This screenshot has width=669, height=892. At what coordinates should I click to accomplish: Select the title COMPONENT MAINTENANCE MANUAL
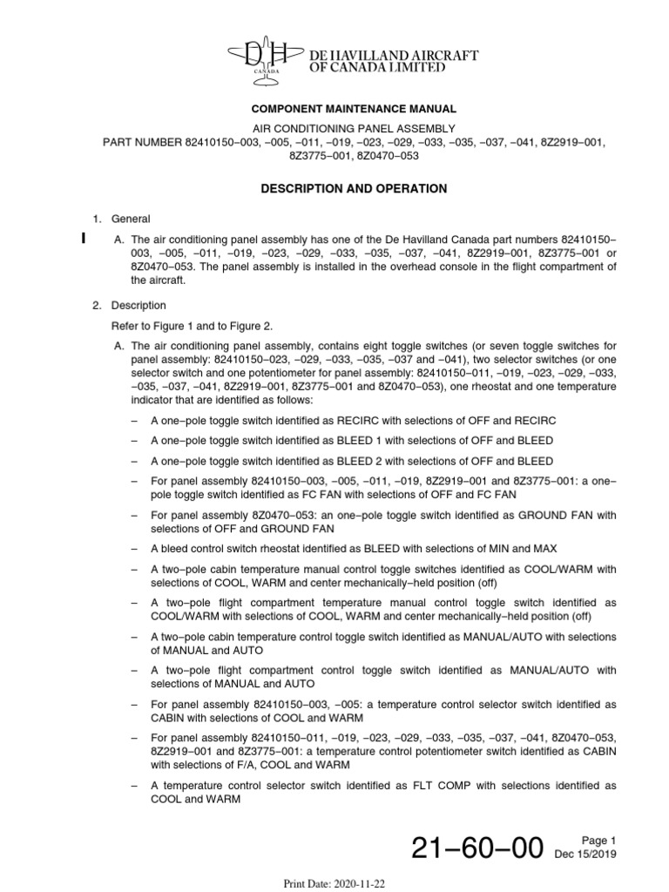354,109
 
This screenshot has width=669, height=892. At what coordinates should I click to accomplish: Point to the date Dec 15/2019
586,855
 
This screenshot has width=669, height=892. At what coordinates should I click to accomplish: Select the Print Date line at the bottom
334,882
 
